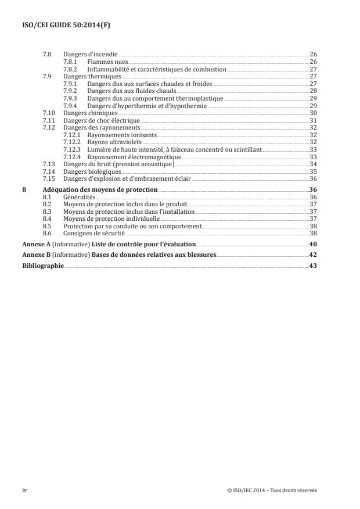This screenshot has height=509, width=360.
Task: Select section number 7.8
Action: (47, 54)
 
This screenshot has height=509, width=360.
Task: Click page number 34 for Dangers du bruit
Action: (313, 164)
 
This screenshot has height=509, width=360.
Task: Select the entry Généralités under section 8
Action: (78, 197)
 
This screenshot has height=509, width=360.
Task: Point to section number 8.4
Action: (47, 218)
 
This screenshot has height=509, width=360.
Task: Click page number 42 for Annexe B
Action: (313, 255)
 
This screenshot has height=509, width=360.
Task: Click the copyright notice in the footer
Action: (272, 490)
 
